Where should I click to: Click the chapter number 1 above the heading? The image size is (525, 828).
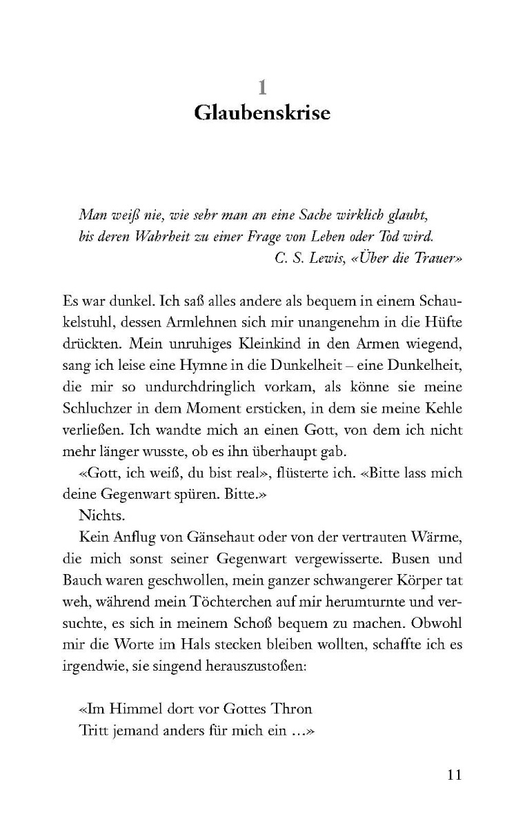(x=262, y=87)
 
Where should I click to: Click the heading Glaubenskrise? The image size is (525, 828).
(x=262, y=112)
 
